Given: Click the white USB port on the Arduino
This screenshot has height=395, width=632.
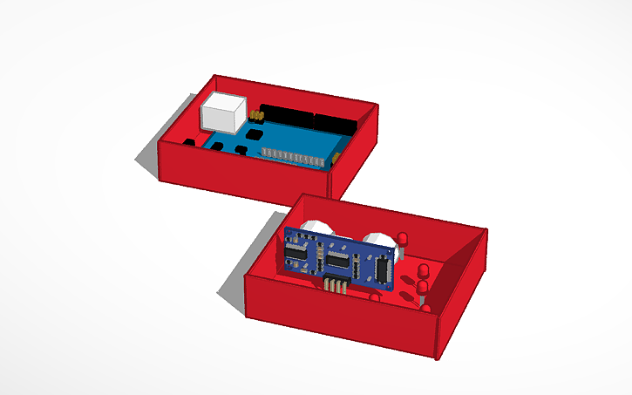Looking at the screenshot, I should [x=223, y=113].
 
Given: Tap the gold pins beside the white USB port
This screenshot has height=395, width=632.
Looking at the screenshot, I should [x=257, y=114].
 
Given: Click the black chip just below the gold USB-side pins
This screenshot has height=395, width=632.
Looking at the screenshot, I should [x=255, y=135].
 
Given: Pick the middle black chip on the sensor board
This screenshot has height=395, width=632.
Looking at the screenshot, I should [x=339, y=261].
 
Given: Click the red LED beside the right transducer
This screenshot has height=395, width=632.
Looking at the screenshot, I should [x=404, y=241].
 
